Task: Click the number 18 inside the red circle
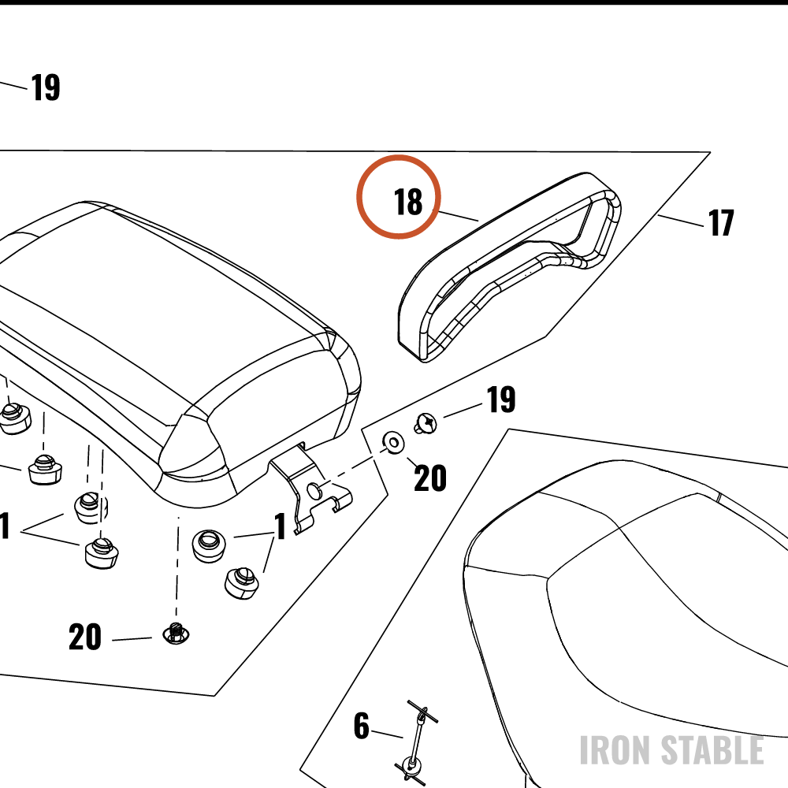click(408, 202)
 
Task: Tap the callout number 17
click(721, 223)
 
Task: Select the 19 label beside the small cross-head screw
click(501, 400)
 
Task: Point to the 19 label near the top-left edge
click(46, 87)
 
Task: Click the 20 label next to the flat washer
click(430, 478)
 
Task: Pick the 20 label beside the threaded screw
click(85, 637)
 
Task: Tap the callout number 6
click(362, 726)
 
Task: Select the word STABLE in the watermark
click(712, 750)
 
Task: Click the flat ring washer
click(393, 443)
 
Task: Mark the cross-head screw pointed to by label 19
click(426, 423)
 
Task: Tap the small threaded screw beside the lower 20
click(177, 634)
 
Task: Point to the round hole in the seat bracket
click(314, 490)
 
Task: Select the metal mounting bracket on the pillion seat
click(310, 488)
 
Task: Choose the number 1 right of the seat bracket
click(281, 526)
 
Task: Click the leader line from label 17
click(681, 221)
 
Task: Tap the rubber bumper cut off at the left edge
click(14, 417)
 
